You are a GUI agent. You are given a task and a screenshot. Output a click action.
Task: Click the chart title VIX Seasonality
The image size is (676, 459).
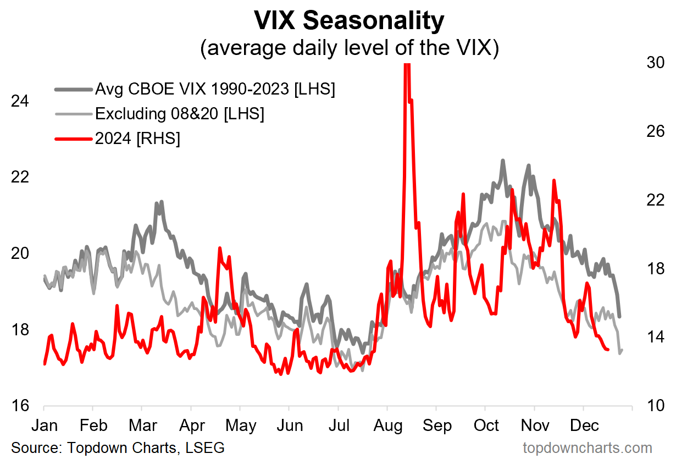(x=348, y=21)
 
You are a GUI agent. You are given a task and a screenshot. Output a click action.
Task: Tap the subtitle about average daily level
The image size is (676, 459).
(x=348, y=48)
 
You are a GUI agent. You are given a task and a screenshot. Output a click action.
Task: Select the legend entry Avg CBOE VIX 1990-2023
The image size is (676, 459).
(x=215, y=89)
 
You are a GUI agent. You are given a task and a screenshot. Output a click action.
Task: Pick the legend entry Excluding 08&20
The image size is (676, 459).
(x=179, y=114)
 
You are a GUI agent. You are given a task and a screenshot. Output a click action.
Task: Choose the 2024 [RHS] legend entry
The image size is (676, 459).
(x=137, y=139)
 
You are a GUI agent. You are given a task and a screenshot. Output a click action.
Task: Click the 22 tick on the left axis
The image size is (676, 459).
(x=21, y=178)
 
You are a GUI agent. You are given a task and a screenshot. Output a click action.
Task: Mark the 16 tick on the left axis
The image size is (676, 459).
(x=21, y=406)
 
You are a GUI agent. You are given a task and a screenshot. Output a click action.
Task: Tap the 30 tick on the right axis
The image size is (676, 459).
(x=653, y=63)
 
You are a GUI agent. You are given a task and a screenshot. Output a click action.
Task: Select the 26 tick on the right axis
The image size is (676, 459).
(x=653, y=132)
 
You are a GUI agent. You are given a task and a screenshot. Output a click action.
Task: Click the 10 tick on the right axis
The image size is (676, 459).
(x=653, y=406)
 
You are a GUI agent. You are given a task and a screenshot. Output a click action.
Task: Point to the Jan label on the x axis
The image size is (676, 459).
(x=43, y=426)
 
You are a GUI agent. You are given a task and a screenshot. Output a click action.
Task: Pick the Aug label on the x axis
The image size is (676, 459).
(x=387, y=426)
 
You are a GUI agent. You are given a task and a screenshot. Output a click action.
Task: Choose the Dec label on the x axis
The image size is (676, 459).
(x=584, y=426)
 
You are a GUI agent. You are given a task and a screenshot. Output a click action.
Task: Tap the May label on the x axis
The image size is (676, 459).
(x=240, y=426)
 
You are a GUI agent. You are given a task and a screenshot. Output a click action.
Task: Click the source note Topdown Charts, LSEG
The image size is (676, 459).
(x=118, y=447)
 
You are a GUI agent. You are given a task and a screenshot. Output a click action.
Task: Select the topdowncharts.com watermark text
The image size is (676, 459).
(x=587, y=447)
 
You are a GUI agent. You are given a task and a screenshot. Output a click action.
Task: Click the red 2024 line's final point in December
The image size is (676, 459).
(x=607, y=350)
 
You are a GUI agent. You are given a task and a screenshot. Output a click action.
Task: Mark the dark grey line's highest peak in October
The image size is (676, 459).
(x=502, y=161)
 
